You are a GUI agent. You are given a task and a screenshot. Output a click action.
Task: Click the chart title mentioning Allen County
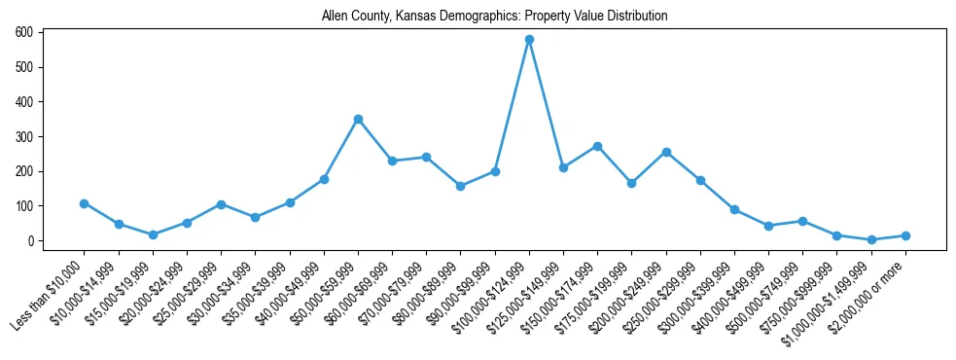point(495,17)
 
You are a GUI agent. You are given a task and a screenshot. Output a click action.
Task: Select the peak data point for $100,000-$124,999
point(529,40)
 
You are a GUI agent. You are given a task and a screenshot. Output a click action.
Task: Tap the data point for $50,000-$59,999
point(358,120)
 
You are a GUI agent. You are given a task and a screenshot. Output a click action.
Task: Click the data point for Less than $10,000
point(85,203)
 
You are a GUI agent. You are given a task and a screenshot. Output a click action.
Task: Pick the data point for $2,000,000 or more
point(905,235)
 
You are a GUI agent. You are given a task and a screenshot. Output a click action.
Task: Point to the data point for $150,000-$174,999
point(597,146)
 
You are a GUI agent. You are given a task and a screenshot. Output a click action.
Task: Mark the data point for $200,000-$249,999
point(666,152)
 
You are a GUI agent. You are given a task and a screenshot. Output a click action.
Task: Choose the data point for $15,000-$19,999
point(153,234)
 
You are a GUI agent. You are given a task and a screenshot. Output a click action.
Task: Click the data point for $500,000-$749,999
point(802,221)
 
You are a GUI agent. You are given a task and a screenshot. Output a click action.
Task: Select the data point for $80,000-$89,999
point(460,186)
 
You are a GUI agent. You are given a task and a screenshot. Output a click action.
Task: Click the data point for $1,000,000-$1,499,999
point(871,239)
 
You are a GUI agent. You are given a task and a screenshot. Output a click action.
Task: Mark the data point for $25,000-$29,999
point(221,204)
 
